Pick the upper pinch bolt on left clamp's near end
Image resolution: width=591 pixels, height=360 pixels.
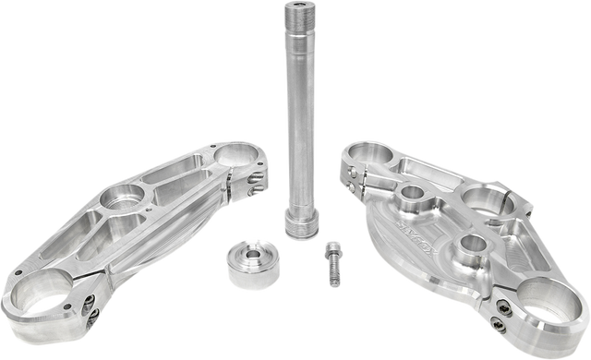click(x=89, y=299)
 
